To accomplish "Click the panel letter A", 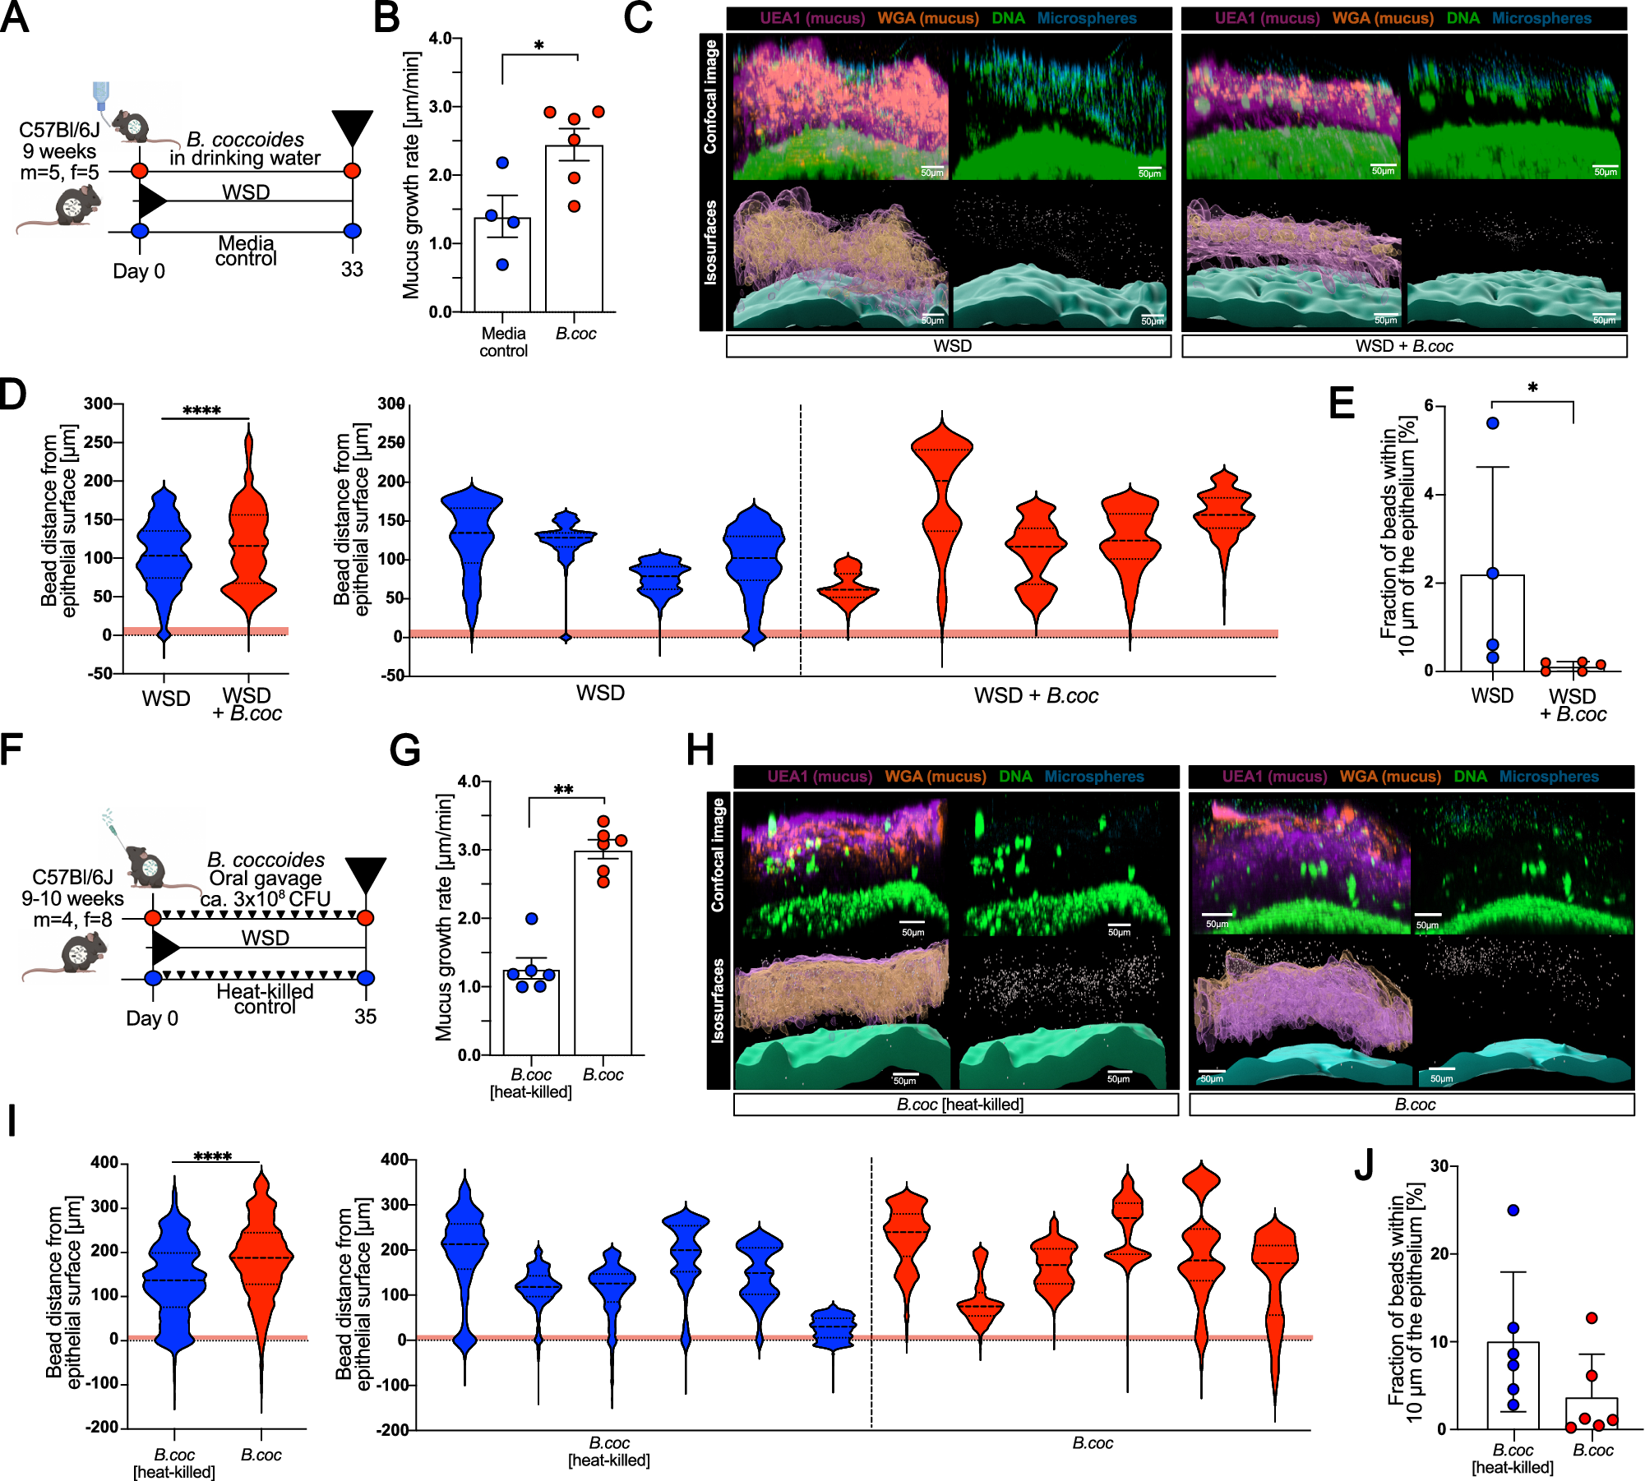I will click(x=15, y=17).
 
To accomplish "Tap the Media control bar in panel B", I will click(x=502, y=265).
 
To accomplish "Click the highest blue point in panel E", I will click(x=1493, y=423).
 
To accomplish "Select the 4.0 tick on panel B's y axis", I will click(x=440, y=39).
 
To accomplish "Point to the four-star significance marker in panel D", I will click(x=201, y=410).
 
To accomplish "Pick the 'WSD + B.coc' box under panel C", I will click(x=1404, y=346).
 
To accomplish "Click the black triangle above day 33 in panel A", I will click(x=353, y=128).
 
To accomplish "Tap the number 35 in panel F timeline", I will click(x=365, y=1017).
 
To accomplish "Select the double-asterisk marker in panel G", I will click(x=563, y=790).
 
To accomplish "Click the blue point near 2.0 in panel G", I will click(x=531, y=918).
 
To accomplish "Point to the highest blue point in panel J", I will click(x=1513, y=1210).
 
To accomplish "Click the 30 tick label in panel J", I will click(x=1439, y=1166).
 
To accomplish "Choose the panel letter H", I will click(x=700, y=750).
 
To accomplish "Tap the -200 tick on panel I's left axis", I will click(x=103, y=1428).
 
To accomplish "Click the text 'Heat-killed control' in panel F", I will click(x=265, y=999).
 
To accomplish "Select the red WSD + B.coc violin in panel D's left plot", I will click(x=248, y=542).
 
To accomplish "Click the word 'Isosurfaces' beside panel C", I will click(x=711, y=242).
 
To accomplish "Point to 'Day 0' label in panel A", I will click(x=139, y=271).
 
